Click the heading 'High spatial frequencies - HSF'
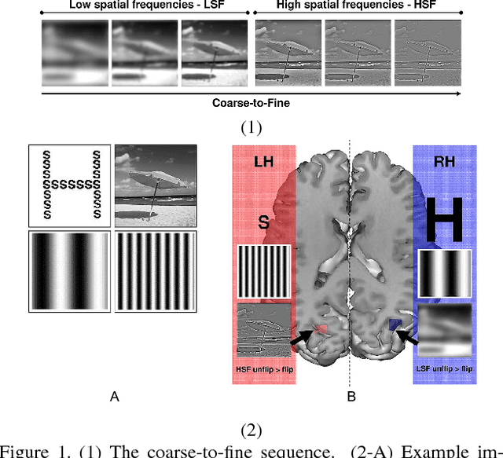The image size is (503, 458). [354, 5]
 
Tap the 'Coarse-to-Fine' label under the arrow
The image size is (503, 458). [251, 103]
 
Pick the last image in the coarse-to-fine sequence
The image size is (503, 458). [428, 52]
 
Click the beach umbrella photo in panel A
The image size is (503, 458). [156, 186]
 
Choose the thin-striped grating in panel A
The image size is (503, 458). [156, 270]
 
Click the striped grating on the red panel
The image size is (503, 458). [263, 272]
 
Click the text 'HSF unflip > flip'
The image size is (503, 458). [263, 369]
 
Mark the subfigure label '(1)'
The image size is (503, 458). [251, 128]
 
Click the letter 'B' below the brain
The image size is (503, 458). [351, 398]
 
